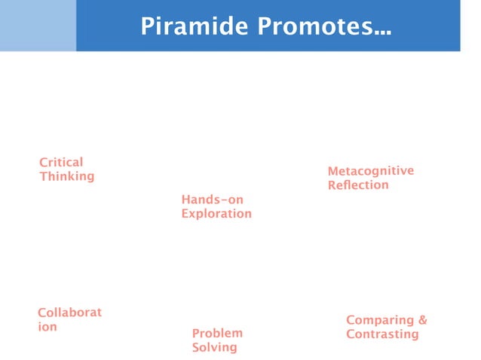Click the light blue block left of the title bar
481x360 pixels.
click(x=38, y=26)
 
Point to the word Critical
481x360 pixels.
click(x=61, y=162)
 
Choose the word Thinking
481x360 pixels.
click(x=67, y=176)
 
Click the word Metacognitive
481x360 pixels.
click(x=370, y=171)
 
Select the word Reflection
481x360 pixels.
click(x=358, y=185)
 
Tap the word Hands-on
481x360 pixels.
click(x=212, y=200)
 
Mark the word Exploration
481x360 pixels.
click(x=216, y=214)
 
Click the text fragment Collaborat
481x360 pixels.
click(x=69, y=313)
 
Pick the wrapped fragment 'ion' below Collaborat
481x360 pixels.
click(x=47, y=327)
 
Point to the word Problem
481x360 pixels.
click(x=217, y=333)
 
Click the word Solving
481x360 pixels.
click(x=214, y=347)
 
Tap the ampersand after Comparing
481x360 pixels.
click(x=422, y=320)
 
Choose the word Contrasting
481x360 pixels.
click(x=382, y=334)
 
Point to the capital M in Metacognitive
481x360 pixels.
click(x=333, y=171)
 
